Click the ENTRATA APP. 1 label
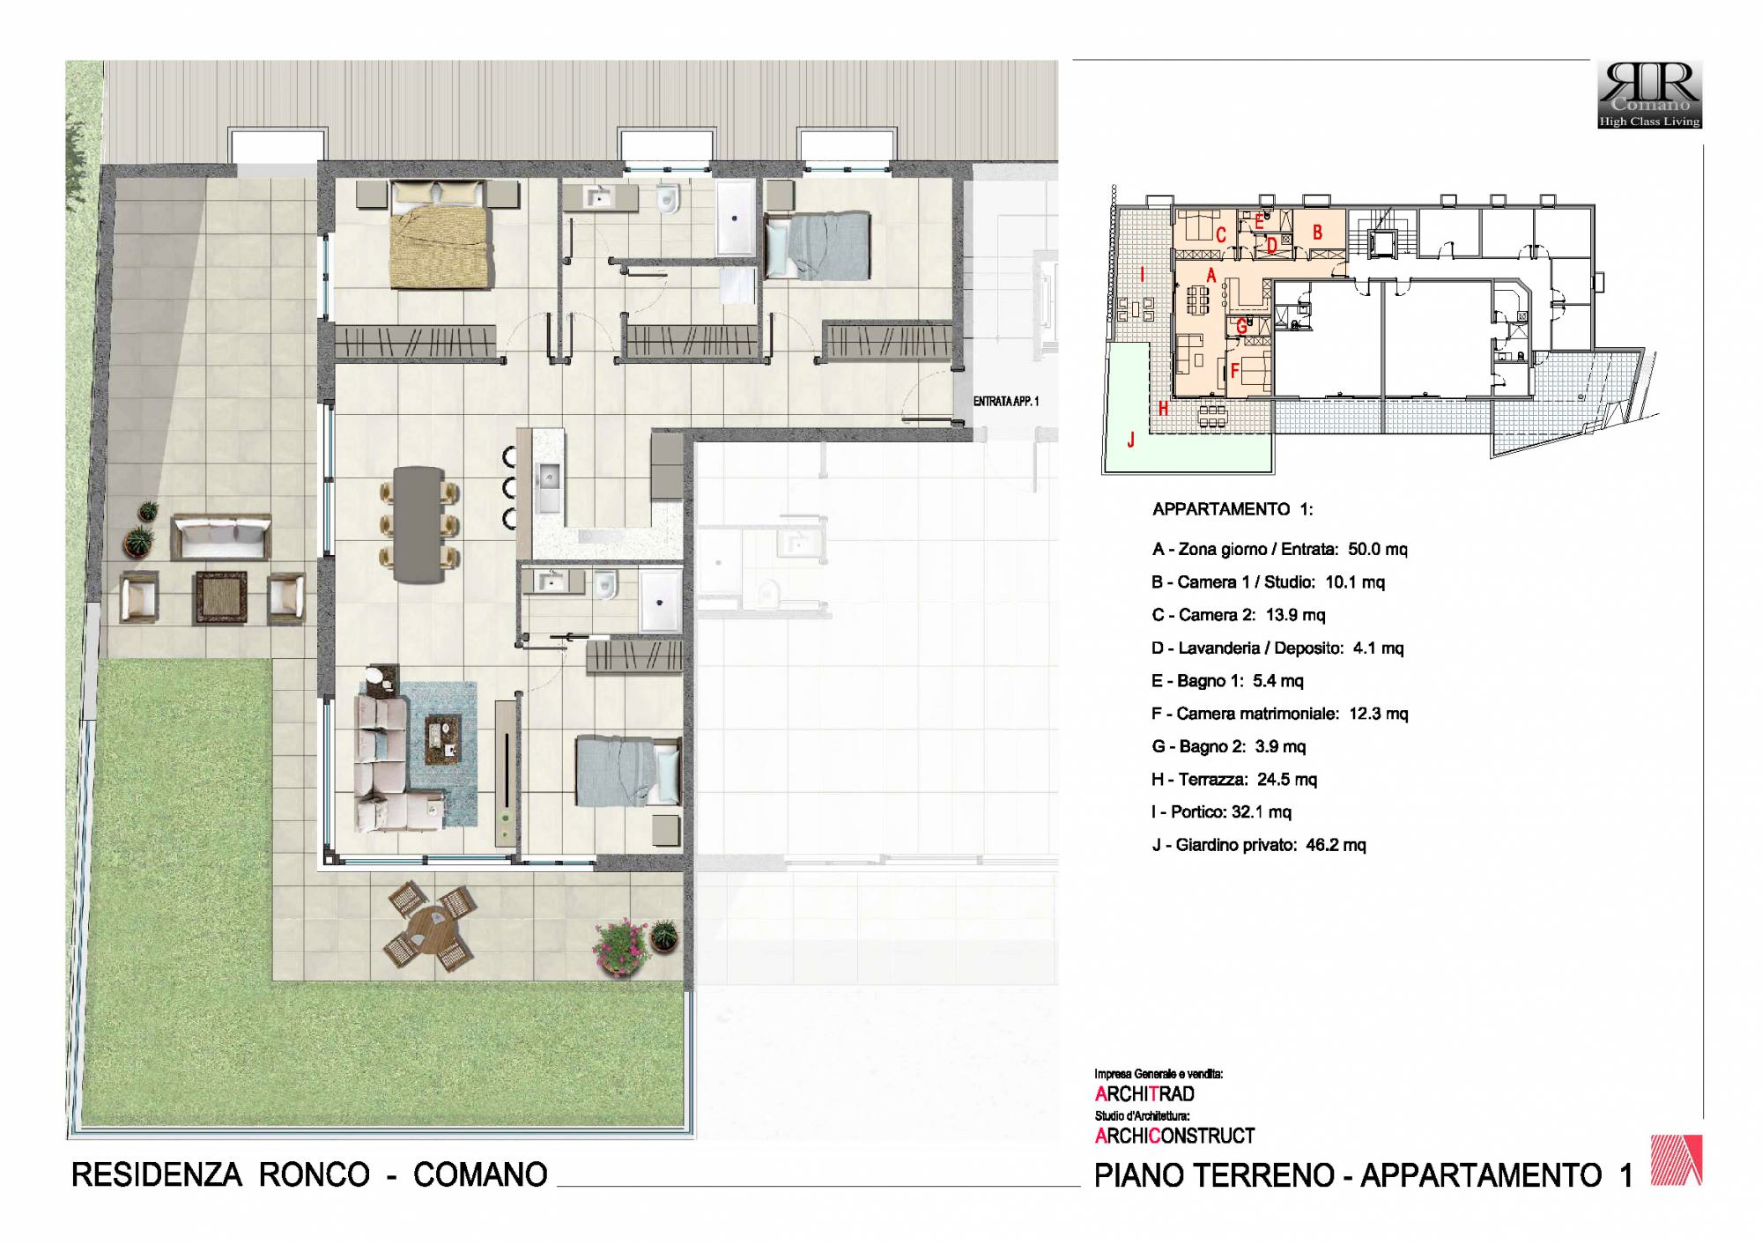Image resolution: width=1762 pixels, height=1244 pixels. tap(1005, 402)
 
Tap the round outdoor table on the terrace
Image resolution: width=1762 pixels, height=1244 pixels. tap(431, 927)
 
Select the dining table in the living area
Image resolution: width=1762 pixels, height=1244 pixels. tap(418, 524)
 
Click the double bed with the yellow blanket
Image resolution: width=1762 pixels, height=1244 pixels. tap(440, 234)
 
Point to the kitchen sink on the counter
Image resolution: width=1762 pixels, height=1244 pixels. tap(548, 487)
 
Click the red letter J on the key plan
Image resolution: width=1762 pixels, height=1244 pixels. tap(1131, 439)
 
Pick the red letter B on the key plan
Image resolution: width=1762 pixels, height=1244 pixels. tap(1317, 233)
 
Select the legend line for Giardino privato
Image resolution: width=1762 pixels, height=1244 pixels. tap(1259, 845)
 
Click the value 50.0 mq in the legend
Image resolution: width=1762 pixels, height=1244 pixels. tap(1378, 549)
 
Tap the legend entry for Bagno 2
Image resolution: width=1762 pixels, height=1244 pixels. tap(1228, 746)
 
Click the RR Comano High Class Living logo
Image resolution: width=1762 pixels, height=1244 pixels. tap(1650, 95)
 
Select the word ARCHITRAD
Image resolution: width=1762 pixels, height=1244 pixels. tap(1144, 1094)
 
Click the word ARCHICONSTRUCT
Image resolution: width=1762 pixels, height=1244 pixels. tap(1174, 1137)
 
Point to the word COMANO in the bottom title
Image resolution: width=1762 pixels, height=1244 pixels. tap(480, 1174)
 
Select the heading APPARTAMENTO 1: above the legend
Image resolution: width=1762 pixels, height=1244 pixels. tap(1233, 509)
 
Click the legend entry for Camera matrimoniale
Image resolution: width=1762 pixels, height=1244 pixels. tap(1280, 714)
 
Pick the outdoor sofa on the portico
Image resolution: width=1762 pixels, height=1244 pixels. tap(220, 537)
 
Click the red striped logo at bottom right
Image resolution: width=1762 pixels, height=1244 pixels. tap(1677, 1159)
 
